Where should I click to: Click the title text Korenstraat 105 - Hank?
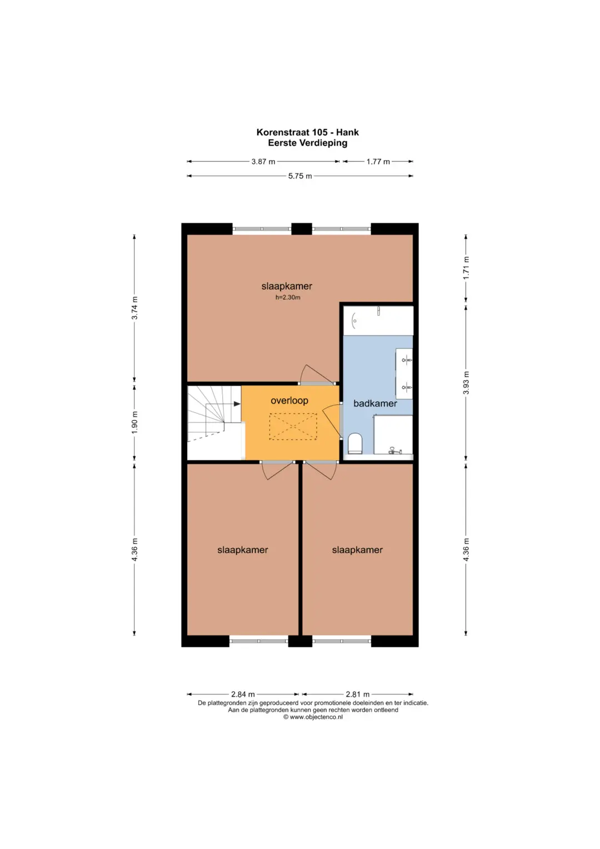coord(307,132)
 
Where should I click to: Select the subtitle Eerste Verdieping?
coord(308,143)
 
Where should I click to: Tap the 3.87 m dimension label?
coord(263,161)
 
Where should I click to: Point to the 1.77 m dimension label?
coord(378,161)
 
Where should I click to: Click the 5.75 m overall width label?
coord(300,176)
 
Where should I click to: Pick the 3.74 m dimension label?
coord(134,308)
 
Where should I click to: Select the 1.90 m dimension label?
coord(134,423)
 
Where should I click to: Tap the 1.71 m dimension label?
coord(466,268)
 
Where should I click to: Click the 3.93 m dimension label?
coord(466,383)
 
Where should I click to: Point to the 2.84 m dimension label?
coord(243,694)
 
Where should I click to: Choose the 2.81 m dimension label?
coord(358,694)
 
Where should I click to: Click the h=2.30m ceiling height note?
coord(288,297)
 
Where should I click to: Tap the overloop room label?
coord(289,401)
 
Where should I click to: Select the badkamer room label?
coord(375,403)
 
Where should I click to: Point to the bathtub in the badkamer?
coord(378,321)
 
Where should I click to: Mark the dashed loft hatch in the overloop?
coord(293,426)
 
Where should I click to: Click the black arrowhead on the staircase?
coord(237,404)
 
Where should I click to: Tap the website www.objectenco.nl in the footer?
coord(316,717)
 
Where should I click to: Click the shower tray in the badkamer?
coord(393,434)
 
